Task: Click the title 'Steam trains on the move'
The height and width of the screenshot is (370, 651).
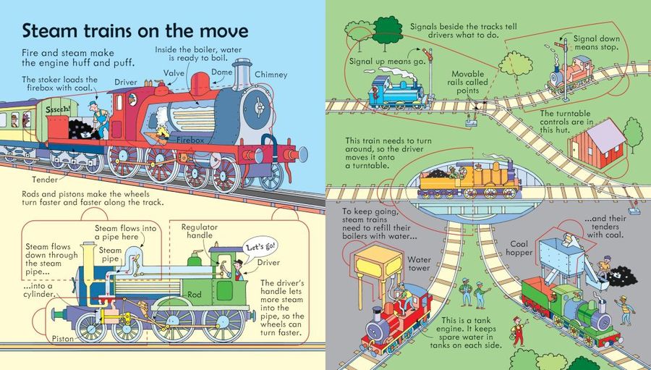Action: [x=135, y=32]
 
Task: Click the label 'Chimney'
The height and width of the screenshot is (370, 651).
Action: [x=271, y=74]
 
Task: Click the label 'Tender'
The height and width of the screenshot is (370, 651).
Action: [x=45, y=179]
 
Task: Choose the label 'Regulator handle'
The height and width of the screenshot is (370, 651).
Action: [x=199, y=232]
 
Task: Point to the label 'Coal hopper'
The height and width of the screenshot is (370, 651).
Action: [x=526, y=249]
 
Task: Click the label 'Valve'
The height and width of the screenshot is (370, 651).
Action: [x=174, y=72]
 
